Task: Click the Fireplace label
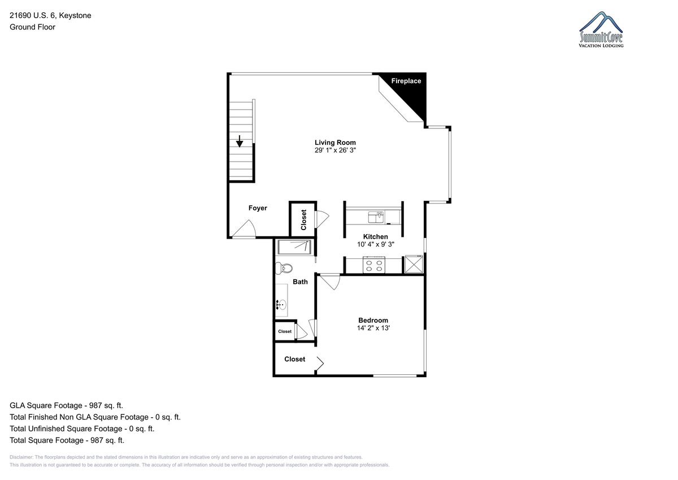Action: click(x=406, y=81)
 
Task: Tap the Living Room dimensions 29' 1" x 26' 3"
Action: click(x=335, y=150)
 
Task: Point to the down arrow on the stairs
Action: click(x=240, y=141)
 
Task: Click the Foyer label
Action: click(x=258, y=208)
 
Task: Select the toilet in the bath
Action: click(x=284, y=269)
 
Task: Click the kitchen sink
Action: click(x=376, y=217)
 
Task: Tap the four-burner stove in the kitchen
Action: click(x=374, y=265)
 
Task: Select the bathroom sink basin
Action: click(x=282, y=304)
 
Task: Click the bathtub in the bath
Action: click(x=294, y=248)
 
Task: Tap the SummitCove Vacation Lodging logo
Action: click(x=601, y=29)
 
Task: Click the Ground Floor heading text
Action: click(x=32, y=27)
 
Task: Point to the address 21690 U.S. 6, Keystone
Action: click(x=50, y=15)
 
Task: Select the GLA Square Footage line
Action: click(x=66, y=405)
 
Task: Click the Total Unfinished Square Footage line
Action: click(x=82, y=429)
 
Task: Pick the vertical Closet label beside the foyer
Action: click(x=303, y=220)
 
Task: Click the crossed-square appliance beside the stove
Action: click(x=414, y=264)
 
